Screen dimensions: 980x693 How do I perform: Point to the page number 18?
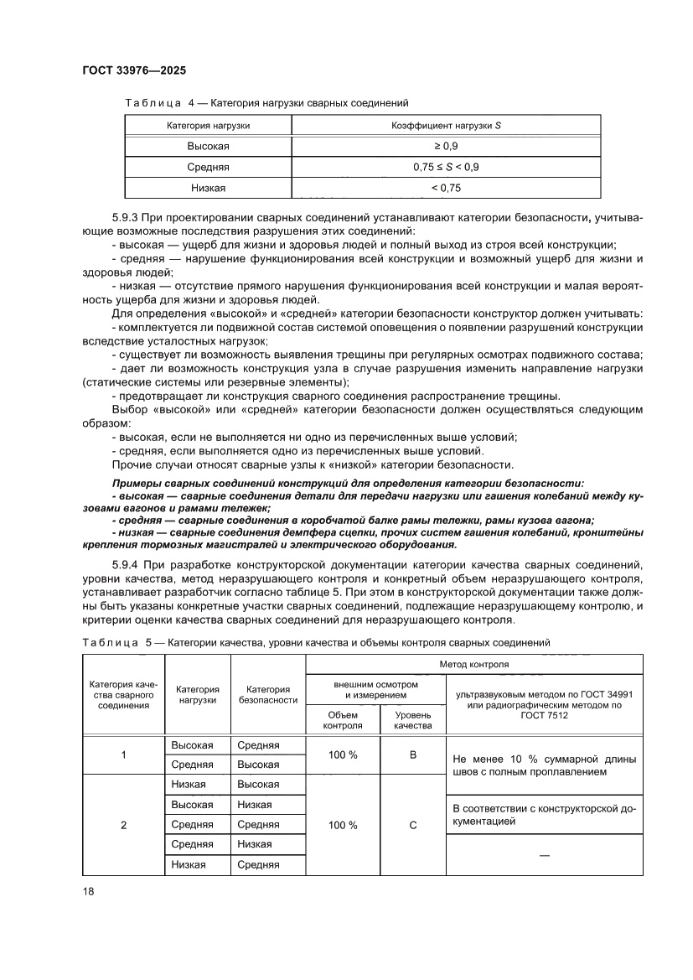point(88,891)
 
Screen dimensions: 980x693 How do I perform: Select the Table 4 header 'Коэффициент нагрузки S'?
point(446,125)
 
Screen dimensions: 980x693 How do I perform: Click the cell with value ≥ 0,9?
point(446,146)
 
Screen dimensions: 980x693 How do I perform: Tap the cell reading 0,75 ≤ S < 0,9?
point(446,167)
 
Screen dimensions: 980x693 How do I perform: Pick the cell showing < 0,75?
point(446,188)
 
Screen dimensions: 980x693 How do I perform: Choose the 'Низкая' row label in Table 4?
point(208,188)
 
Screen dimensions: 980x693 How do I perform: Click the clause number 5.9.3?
point(127,219)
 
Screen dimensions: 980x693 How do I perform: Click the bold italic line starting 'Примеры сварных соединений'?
point(347,484)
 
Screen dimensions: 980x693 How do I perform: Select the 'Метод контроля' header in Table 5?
point(474,663)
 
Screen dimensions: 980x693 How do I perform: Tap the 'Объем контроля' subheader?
point(343,720)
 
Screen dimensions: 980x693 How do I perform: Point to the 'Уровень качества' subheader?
point(412,720)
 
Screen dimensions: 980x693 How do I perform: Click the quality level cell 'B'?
point(412,755)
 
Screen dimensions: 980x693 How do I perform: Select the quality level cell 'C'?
point(412,825)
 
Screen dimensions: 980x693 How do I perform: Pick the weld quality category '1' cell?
point(123,755)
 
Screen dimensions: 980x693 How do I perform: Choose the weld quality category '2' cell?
point(123,825)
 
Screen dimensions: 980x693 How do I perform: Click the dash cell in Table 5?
point(544,854)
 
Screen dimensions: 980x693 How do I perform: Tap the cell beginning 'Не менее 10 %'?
point(544,765)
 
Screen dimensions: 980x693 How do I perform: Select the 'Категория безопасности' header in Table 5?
point(268,693)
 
